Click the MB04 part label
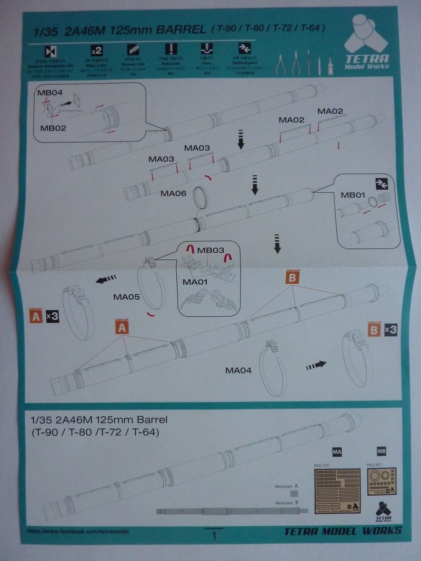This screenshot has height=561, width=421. [50, 93]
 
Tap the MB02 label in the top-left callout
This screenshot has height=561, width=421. [53, 127]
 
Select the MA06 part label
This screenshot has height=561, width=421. [174, 194]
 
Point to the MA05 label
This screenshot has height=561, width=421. [126, 297]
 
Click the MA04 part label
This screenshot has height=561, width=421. [238, 370]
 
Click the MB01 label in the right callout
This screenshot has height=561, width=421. [353, 195]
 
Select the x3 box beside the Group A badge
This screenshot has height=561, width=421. [53, 317]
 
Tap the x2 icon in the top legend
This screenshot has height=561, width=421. [96, 52]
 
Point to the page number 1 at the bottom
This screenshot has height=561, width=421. [214, 536]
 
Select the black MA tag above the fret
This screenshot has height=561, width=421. [337, 452]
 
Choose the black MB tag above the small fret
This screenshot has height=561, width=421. [381, 452]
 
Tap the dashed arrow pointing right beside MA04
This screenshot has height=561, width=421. [316, 364]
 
